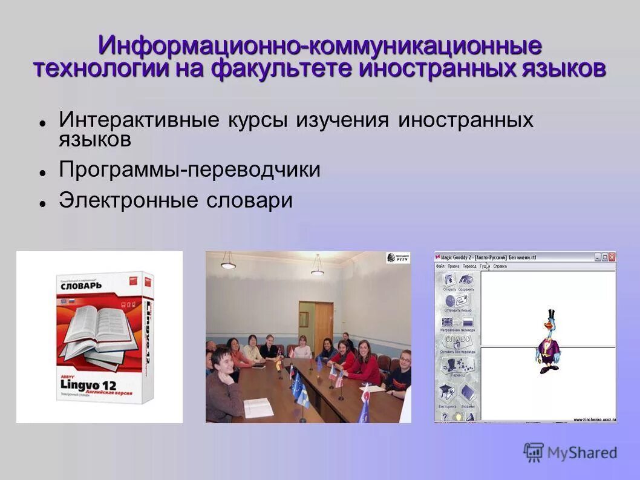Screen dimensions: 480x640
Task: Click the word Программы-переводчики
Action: click(x=189, y=170)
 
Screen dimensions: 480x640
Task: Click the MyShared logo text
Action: click(x=581, y=452)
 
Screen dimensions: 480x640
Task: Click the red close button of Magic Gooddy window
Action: click(x=612, y=257)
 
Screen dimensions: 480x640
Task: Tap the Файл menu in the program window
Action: click(x=440, y=266)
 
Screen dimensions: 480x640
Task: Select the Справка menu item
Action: click(x=500, y=266)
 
